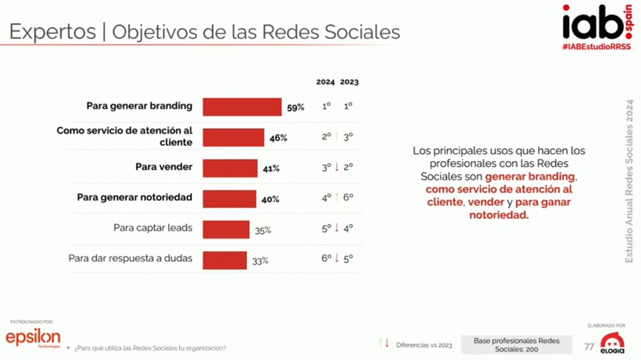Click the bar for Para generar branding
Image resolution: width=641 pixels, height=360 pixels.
click(242, 107)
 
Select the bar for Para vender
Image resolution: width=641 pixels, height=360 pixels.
click(230, 168)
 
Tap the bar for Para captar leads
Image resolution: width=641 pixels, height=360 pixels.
click(226, 230)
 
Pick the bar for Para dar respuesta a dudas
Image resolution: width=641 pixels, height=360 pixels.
click(225, 260)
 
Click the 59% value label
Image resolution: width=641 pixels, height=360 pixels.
click(295, 108)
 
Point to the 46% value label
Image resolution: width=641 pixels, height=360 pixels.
click(278, 138)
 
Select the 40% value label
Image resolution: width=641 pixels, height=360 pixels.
click(270, 199)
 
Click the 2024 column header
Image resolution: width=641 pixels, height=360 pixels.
click(325, 82)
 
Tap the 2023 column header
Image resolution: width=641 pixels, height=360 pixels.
click(349, 82)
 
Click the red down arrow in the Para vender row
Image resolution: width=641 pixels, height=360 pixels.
click(337, 167)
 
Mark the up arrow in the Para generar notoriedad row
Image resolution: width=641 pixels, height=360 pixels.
click(337, 198)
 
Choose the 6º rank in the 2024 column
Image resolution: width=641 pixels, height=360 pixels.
click(326, 259)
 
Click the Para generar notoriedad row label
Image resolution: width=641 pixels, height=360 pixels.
click(135, 197)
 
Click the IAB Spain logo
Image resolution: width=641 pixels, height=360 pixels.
click(596, 23)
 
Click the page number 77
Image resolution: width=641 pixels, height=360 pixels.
click(589, 346)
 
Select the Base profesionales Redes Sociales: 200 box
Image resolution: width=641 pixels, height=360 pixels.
click(517, 344)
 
